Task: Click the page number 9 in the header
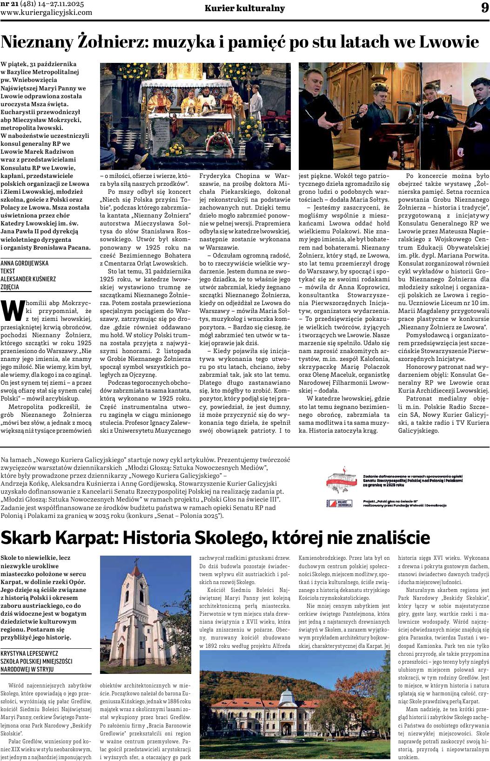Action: (484, 8)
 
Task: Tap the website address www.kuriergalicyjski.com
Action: (47, 13)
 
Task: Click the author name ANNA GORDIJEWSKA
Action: (25, 263)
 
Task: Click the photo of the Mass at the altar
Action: (195, 116)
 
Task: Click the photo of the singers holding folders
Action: (394, 116)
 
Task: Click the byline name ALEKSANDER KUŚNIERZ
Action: (28, 279)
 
